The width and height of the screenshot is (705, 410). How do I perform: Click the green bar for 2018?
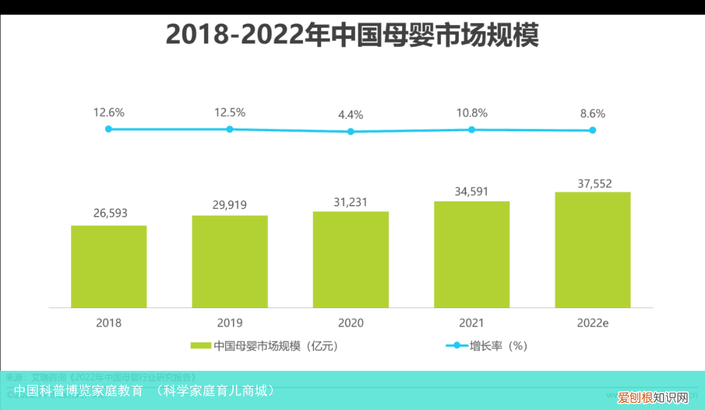(108, 266)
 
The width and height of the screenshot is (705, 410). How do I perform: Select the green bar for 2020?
(351, 259)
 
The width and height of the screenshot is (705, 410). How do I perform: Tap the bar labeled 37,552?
(593, 249)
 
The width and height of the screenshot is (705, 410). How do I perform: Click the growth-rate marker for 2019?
(230, 129)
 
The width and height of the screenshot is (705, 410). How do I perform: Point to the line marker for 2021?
(471, 129)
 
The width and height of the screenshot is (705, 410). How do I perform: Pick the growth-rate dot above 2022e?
(593, 130)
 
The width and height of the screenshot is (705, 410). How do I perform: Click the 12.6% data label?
(108, 112)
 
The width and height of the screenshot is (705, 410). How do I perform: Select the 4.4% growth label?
(351, 115)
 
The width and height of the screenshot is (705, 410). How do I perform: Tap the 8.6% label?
(593, 113)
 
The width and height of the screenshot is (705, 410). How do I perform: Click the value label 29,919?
(230, 205)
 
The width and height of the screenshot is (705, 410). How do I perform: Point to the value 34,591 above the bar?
(471, 191)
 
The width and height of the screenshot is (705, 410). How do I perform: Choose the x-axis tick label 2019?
(230, 323)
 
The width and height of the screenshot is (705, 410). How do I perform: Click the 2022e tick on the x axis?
(593, 323)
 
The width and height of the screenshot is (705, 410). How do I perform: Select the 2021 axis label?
(471, 323)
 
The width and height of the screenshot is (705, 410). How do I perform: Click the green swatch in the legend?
(200, 346)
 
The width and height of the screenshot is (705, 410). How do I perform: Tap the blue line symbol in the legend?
(456, 346)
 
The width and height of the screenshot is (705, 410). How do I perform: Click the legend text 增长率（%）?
(498, 346)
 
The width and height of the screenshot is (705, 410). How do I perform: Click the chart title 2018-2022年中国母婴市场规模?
(352, 35)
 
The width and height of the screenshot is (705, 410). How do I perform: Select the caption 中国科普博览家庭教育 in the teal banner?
(78, 391)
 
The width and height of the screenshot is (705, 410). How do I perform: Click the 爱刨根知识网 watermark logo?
(653, 397)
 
